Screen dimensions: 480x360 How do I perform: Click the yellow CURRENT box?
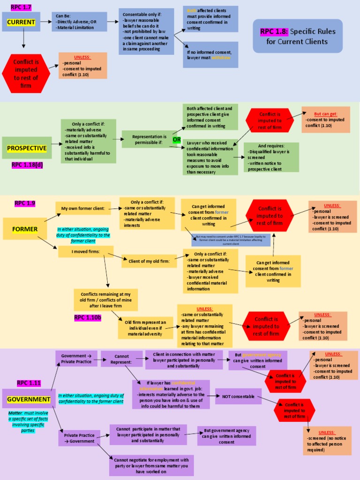[21, 22]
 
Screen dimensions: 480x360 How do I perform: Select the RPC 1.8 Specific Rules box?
[298, 36]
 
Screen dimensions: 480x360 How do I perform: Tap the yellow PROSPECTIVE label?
[27, 148]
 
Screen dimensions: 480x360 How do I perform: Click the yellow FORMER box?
[24, 228]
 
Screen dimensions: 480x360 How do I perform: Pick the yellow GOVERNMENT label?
[29, 399]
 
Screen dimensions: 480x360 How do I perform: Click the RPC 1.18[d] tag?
[27, 165]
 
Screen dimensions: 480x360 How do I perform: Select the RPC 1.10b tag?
[88, 317]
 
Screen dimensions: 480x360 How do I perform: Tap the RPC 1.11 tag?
[29, 383]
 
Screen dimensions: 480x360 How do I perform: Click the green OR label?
[177, 140]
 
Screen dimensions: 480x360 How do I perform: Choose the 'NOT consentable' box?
[238, 396]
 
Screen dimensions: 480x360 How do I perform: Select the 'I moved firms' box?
[86, 252]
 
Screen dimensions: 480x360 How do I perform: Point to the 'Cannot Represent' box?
[121, 359]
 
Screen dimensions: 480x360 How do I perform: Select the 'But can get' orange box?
[325, 120]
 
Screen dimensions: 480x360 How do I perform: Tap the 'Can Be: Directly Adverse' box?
[79, 22]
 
